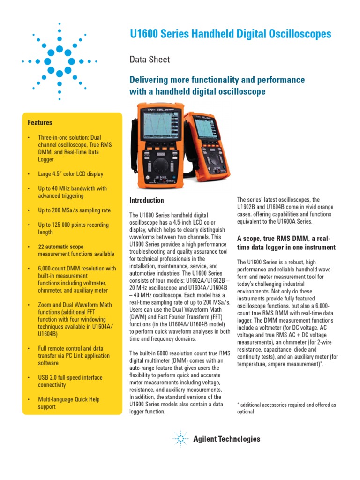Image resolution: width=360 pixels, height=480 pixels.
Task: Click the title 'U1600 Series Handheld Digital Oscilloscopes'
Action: coord(230,34)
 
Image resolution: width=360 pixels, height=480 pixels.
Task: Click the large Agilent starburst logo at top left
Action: coord(60,61)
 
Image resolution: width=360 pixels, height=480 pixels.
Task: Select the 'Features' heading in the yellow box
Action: coord(40,123)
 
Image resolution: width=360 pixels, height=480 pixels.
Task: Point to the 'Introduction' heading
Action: coord(146,200)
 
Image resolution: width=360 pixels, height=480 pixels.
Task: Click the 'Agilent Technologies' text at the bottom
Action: coord(226,439)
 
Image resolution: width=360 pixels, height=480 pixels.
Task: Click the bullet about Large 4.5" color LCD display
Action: coord(70,174)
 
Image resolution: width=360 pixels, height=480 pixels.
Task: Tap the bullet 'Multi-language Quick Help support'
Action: coord(68,403)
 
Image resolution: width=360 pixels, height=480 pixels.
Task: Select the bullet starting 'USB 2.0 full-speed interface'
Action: coord(70,381)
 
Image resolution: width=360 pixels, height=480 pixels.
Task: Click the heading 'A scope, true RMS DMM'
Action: coord(286,243)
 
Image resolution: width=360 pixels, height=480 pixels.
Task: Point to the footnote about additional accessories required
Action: coord(286,408)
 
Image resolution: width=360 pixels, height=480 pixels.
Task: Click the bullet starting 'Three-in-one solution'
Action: coord(73,149)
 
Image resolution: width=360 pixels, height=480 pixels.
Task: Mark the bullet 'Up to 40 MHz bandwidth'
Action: coord(72,192)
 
